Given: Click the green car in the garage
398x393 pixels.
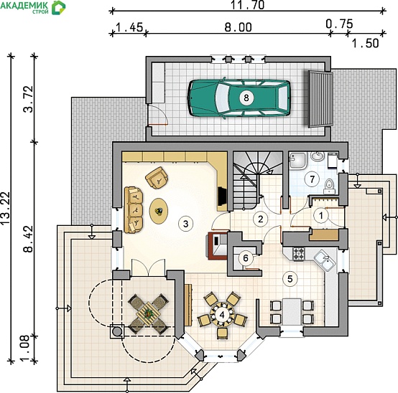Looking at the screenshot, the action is coord(239,98).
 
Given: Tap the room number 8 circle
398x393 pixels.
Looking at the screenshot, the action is coord(246,98).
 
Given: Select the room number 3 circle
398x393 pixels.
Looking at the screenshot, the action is coord(185,224).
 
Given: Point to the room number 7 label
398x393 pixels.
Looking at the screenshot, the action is coord(312,179).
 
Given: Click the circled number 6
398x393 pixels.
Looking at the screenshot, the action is coord(246,258).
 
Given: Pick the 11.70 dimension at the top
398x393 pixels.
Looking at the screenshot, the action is coord(247,5).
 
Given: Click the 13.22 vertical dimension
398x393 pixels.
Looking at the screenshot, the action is coord(6,208).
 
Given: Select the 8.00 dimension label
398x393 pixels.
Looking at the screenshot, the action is coord(238,27).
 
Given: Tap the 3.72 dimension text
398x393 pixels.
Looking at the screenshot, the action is coord(28,99).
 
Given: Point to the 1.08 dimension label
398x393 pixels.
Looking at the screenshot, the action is coord(28,347).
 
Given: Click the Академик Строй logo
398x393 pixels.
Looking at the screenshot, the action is coord(33,7).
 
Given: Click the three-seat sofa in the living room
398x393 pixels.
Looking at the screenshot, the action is coord(134,210).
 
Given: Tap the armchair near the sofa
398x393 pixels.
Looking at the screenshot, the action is coord(157,178).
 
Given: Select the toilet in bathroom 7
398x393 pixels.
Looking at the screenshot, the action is coord(329,186).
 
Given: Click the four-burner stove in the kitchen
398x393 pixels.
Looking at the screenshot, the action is coord(299,253).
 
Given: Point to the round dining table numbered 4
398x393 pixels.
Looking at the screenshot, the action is coord(223,315).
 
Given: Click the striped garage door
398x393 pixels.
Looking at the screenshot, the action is coord(320,99).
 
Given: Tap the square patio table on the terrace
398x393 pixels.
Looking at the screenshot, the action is coord(148,314).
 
